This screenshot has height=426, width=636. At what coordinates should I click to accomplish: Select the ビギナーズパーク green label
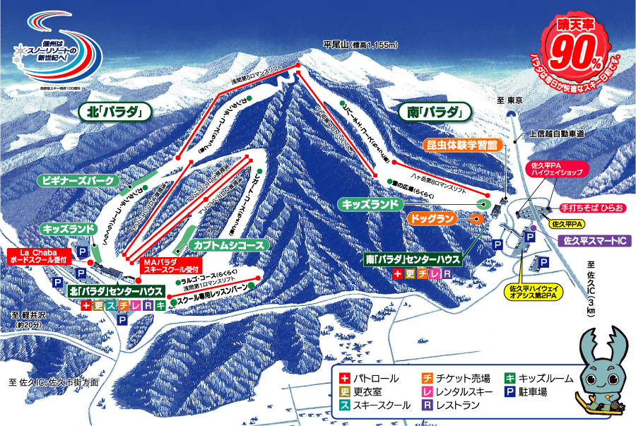[79, 181]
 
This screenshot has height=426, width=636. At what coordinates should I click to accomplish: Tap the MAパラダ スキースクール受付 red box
[172, 265]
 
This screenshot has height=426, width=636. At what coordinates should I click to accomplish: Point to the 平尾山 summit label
[360, 45]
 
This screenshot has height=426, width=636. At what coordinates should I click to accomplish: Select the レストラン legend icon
[428, 406]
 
